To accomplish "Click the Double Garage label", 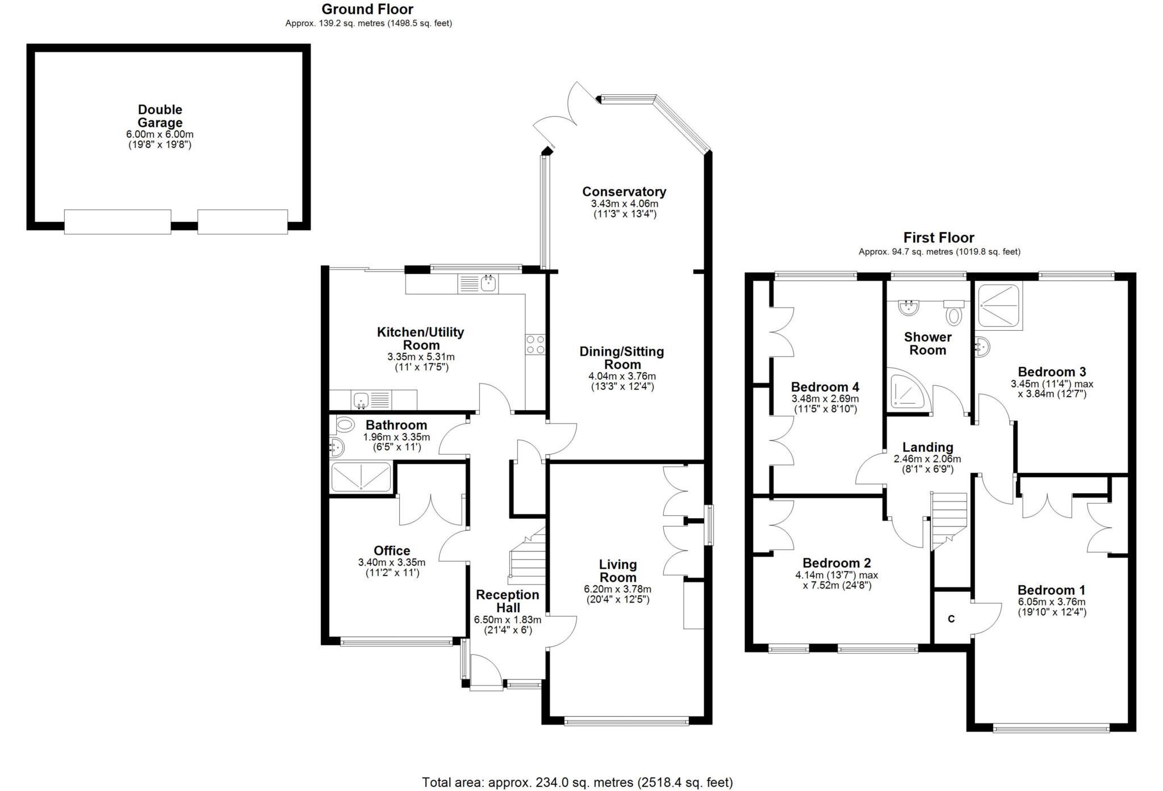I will (x=160, y=116).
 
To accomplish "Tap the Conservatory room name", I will (x=624, y=192).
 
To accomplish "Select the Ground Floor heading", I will (x=367, y=9).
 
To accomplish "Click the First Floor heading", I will (x=939, y=238).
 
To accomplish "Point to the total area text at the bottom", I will (x=577, y=782).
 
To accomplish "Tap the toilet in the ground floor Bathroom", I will (x=345, y=424).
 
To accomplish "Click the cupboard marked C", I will (x=951, y=619).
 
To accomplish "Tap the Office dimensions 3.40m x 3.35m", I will (x=391, y=562).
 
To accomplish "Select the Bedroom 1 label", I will (x=1051, y=590).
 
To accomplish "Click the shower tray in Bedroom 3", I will (x=999, y=307).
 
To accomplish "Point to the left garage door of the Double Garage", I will (x=118, y=221).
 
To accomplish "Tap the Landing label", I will (x=927, y=447).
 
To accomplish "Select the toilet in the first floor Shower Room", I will (x=954, y=313).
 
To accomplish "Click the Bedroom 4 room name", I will (x=825, y=387).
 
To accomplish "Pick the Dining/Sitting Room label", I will (x=621, y=358).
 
